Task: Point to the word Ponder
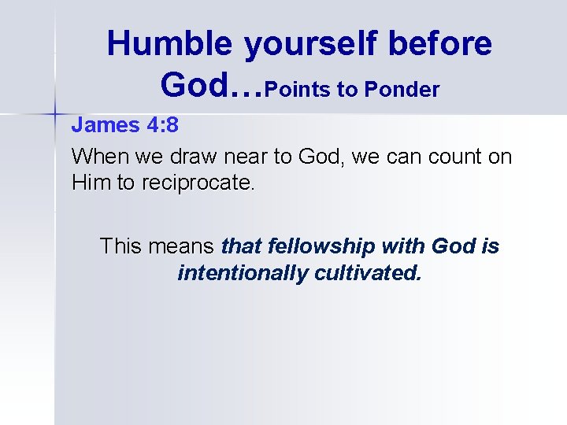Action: click(402, 90)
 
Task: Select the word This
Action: click(120, 246)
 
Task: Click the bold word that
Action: click(242, 246)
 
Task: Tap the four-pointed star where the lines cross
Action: click(54, 115)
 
